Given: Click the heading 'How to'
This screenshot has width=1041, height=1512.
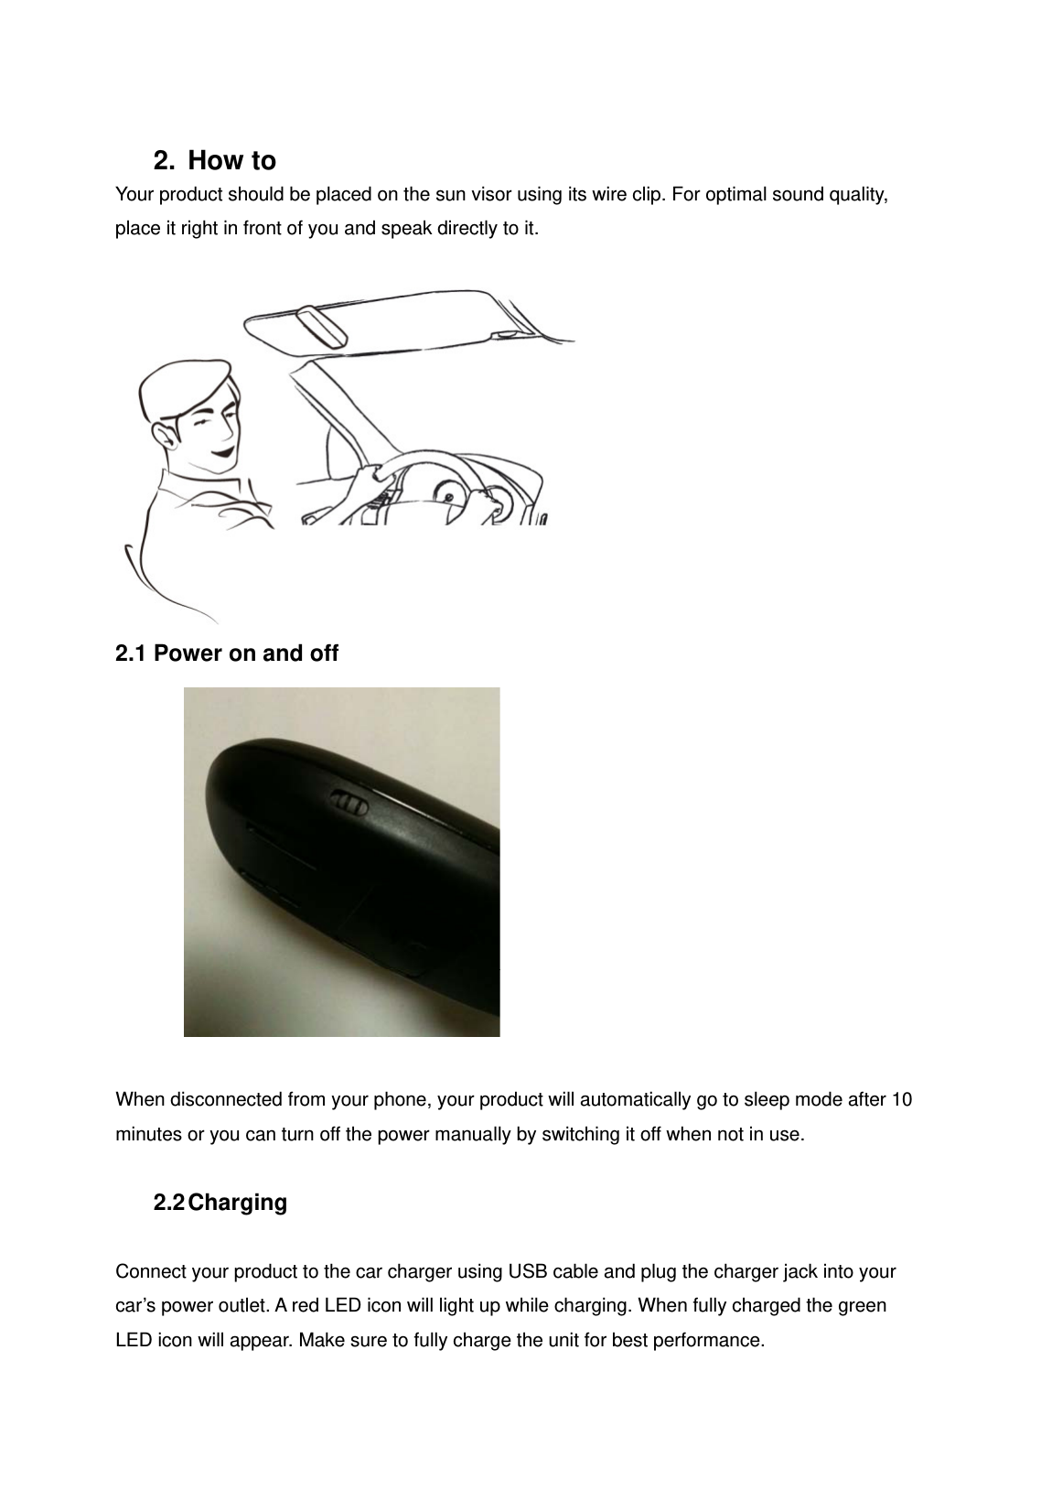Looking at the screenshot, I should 231,161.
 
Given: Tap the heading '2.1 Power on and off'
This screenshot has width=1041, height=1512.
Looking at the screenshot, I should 227,653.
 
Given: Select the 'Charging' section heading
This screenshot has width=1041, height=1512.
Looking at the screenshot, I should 238,1203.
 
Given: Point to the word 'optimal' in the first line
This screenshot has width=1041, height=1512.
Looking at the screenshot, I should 737,195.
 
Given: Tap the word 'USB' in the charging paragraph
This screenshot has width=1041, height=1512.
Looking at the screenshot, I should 527,1272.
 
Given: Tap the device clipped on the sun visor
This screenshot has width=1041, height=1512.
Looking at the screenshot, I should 320,328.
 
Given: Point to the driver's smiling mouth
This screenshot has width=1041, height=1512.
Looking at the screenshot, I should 222,450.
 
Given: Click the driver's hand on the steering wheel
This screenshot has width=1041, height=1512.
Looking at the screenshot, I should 368,474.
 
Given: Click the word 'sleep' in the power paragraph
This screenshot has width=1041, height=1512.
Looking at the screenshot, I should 767,1099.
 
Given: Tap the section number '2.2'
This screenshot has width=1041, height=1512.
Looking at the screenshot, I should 169,1203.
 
